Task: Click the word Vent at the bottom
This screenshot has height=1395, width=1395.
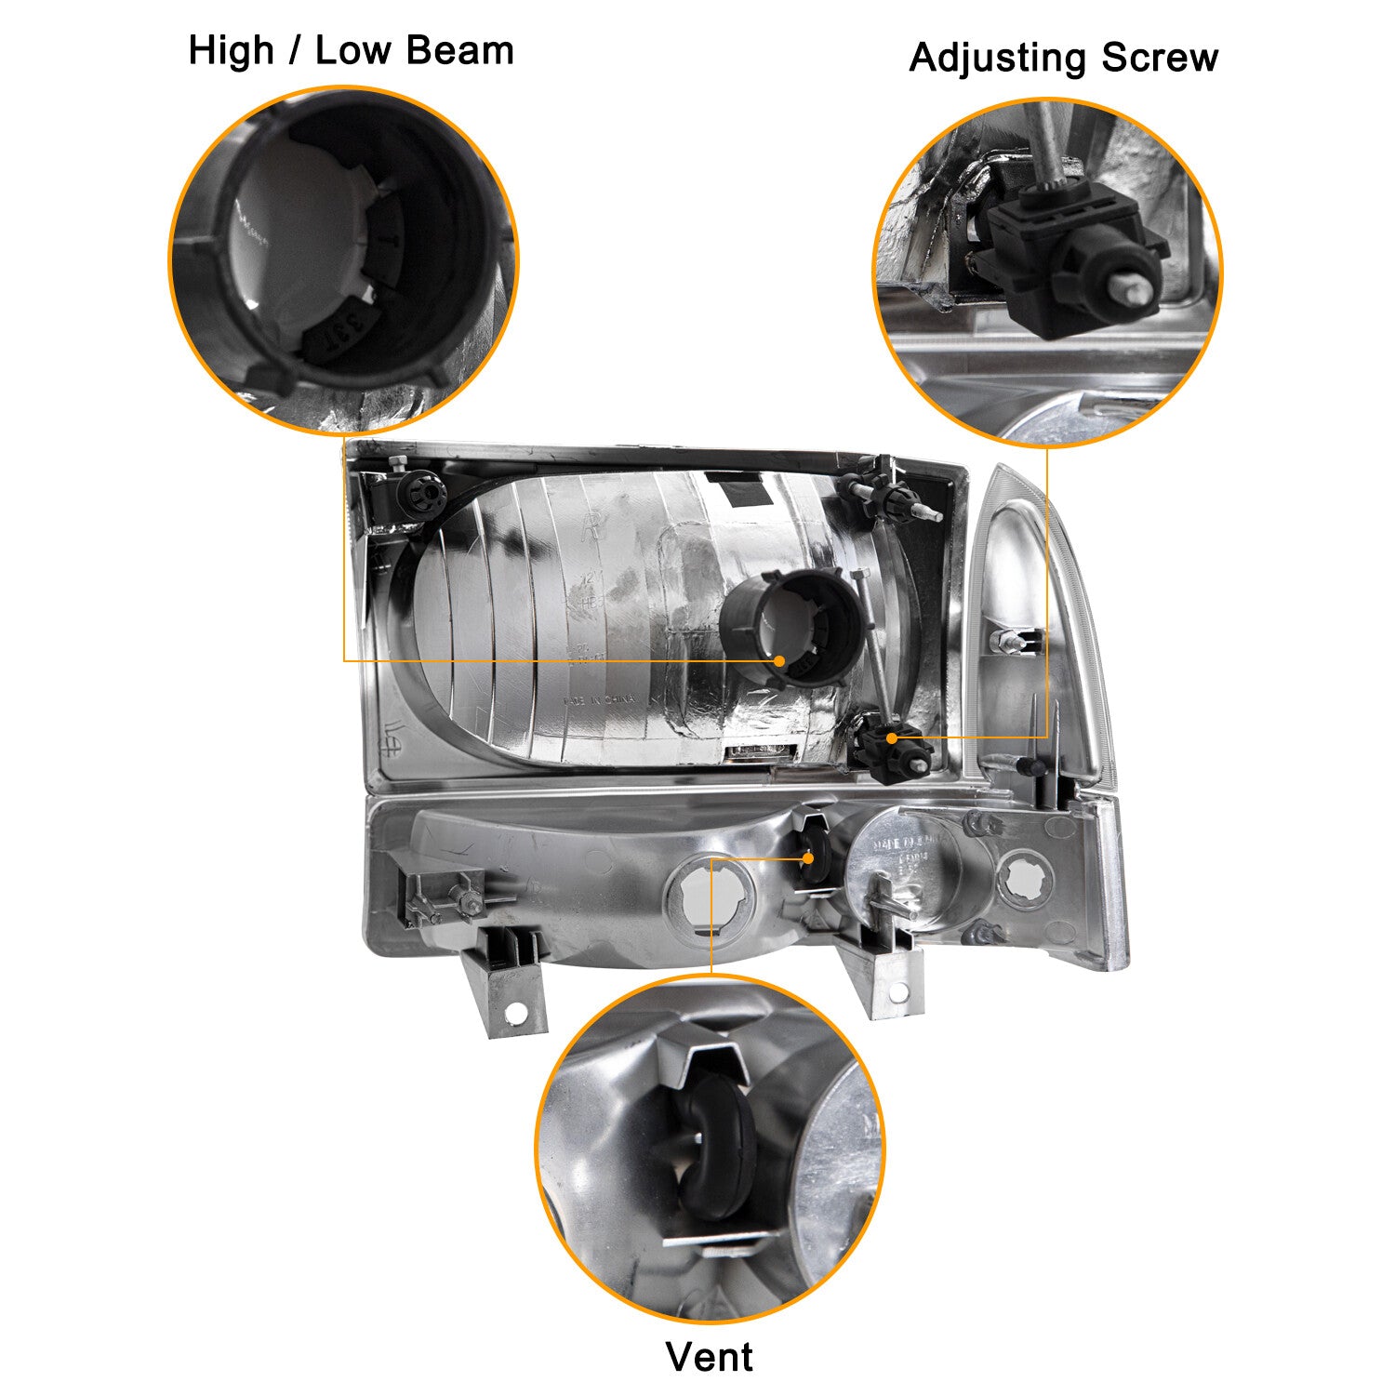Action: tap(709, 1357)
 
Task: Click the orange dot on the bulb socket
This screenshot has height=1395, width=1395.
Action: tap(779, 660)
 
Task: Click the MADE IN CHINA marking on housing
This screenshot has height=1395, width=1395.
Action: tap(598, 700)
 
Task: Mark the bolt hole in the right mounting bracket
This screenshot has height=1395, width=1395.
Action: tap(897, 993)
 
